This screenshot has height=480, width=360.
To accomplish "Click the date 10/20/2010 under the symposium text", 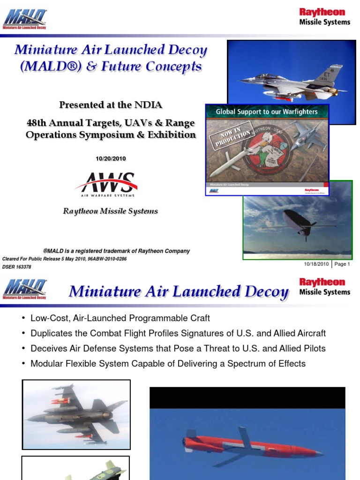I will pyautogui.click(x=111, y=159).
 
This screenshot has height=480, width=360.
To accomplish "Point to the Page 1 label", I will pyautogui.click(x=342, y=264).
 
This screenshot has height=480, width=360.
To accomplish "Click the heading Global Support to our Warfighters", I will pyautogui.click(x=267, y=112).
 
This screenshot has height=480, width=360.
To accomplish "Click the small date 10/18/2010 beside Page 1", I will pyautogui.click(x=316, y=264).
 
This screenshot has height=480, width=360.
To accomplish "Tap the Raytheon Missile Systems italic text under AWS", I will pyautogui.click(x=111, y=211).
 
